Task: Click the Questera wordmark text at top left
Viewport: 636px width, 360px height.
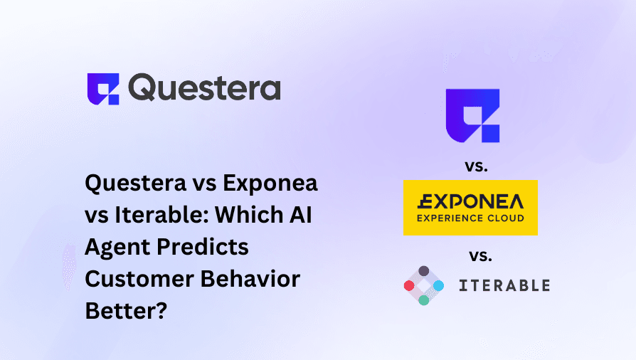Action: tap(204, 88)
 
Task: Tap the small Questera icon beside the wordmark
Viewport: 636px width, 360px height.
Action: tap(103, 89)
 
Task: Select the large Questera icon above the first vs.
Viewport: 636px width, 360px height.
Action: tap(472, 116)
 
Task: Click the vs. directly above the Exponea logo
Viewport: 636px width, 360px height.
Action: tap(476, 166)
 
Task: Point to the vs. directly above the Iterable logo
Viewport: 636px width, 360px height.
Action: tap(481, 255)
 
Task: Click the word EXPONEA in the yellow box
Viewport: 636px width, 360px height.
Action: tap(470, 202)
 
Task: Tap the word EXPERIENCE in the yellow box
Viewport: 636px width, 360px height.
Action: tap(445, 218)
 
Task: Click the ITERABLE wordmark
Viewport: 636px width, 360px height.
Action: tap(504, 285)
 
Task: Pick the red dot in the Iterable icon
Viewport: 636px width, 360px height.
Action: tap(409, 286)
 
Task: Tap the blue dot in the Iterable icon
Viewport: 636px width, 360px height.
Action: tap(438, 286)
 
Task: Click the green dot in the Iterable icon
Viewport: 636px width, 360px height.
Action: tap(424, 300)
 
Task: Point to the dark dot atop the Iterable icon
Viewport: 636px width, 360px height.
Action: tap(424, 271)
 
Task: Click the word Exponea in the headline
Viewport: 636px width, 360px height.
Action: tap(270, 184)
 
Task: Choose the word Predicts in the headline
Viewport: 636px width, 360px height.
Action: tap(203, 247)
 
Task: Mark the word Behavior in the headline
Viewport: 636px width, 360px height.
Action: tap(250, 279)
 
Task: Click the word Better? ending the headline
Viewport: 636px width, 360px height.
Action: tap(126, 312)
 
